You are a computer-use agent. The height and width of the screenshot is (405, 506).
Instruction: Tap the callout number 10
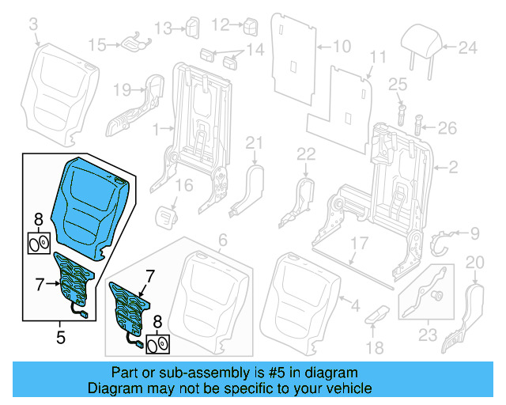click(x=341, y=47)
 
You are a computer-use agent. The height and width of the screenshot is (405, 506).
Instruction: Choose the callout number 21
click(x=253, y=142)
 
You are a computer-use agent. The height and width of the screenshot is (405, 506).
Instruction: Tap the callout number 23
click(x=428, y=334)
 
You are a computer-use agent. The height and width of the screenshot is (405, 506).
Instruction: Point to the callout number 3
click(x=33, y=27)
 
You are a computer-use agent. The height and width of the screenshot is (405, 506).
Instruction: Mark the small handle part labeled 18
click(x=376, y=314)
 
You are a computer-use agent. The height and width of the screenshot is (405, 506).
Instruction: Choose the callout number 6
click(x=223, y=240)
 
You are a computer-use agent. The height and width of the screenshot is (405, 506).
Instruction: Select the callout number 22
click(x=306, y=152)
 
